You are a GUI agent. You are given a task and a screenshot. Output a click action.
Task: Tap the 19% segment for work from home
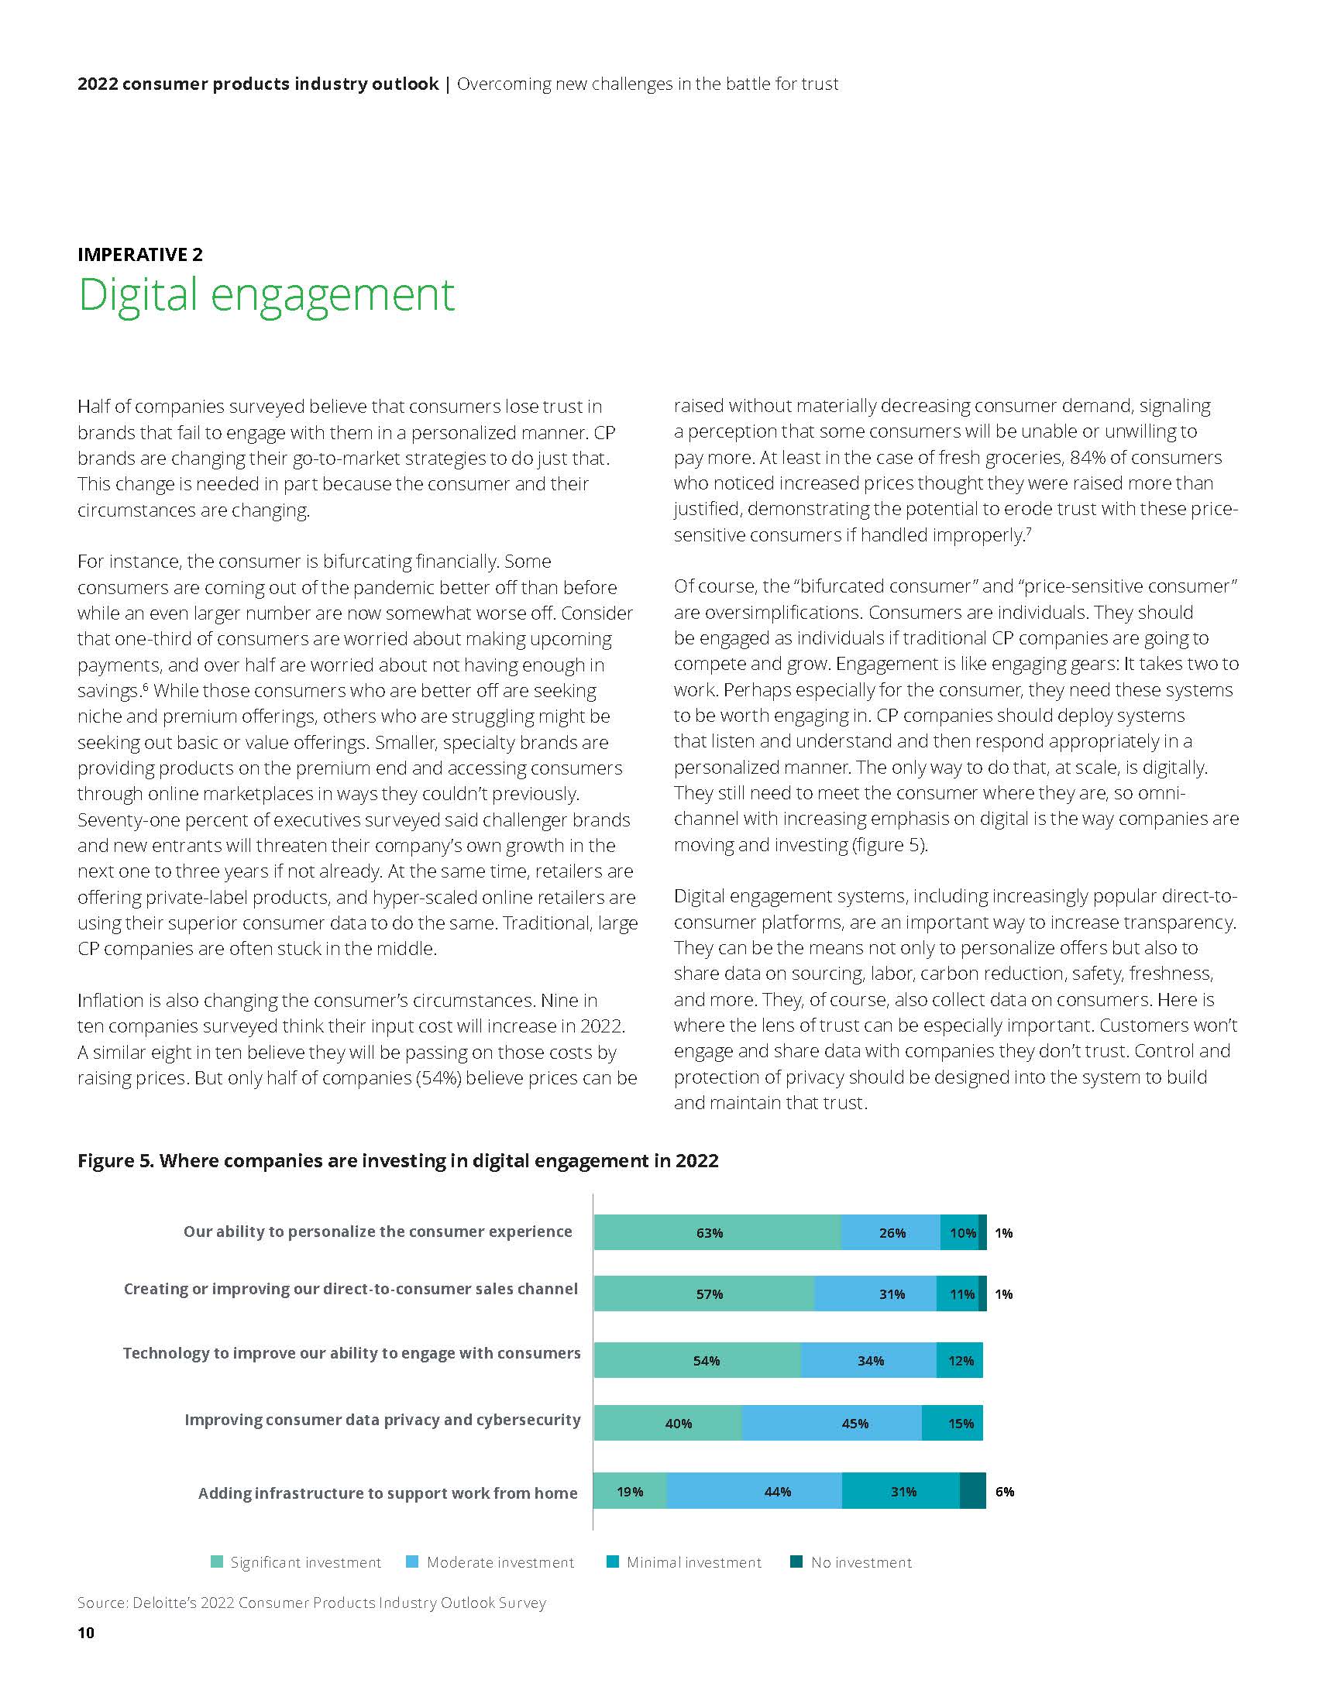[630, 1492]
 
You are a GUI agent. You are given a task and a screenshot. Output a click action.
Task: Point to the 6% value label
[1005, 1492]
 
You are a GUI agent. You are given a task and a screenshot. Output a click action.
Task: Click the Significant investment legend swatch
[217, 1562]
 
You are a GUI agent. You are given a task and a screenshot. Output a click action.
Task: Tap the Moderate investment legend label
[500, 1562]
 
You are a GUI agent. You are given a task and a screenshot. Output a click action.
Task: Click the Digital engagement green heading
[266, 295]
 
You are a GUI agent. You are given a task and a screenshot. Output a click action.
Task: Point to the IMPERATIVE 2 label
[140, 254]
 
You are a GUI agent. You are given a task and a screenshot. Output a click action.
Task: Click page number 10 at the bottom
[86, 1633]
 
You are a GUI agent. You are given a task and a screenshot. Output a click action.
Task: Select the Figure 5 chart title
[398, 1160]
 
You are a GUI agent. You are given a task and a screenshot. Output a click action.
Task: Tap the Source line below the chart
[311, 1603]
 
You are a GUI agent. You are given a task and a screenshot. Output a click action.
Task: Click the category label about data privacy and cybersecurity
[382, 1419]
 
